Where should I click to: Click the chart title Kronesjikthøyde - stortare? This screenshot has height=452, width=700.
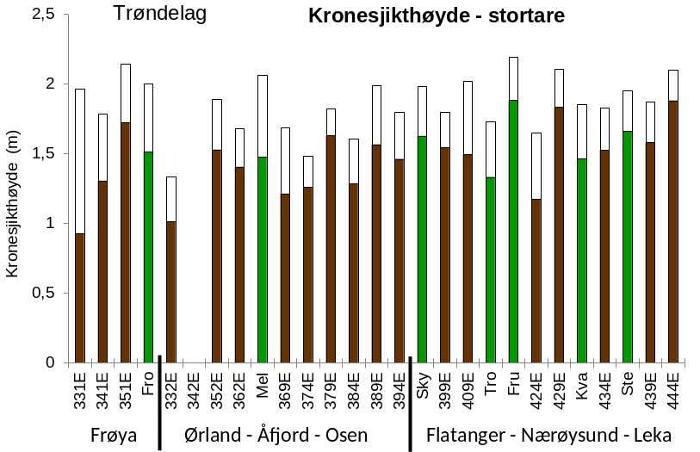437,16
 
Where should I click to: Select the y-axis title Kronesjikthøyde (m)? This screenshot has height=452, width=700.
12,208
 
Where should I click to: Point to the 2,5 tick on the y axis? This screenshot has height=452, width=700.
43,14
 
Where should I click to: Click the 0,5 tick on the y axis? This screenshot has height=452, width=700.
43,293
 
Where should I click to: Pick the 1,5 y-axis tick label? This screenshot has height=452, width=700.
43,153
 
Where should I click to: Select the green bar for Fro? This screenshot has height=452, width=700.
148,257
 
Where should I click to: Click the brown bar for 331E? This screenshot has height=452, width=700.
80,297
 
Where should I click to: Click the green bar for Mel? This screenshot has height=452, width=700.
263,259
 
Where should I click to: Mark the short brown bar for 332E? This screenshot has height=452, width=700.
171,292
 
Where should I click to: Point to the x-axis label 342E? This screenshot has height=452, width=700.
195,389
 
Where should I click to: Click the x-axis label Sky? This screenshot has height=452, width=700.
423,381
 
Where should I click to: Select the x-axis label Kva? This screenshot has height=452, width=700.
582,381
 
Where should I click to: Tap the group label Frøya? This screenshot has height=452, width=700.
114,435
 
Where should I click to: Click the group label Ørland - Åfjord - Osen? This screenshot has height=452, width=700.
276,435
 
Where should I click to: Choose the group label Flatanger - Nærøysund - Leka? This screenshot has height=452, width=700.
548,435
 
